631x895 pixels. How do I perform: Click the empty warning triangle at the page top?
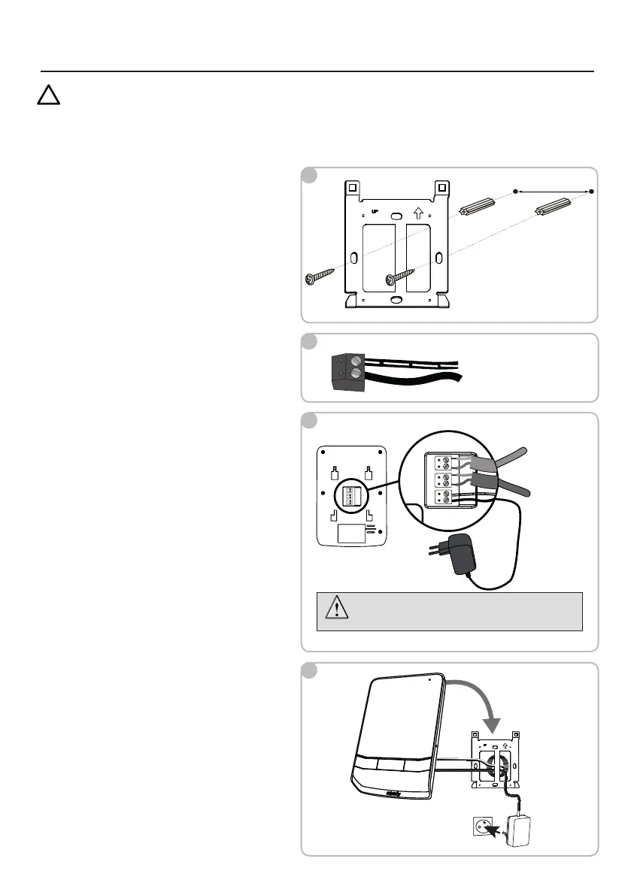tap(49, 96)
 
